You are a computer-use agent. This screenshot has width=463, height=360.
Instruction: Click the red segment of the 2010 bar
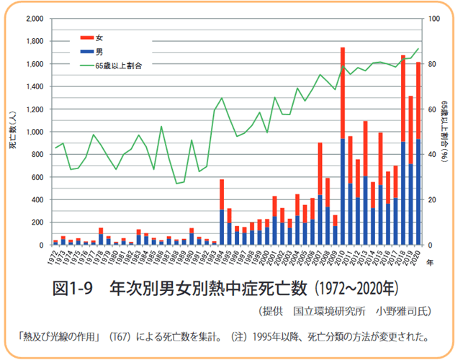[x=343, y=94]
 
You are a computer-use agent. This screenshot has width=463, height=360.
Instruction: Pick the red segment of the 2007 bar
[x=320, y=168]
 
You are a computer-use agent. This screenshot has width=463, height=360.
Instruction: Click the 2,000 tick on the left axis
[x=34, y=19]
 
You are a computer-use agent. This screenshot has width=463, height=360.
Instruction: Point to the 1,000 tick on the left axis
[x=34, y=132]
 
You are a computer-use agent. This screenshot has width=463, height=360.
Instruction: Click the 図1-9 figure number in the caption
[x=75, y=289]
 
